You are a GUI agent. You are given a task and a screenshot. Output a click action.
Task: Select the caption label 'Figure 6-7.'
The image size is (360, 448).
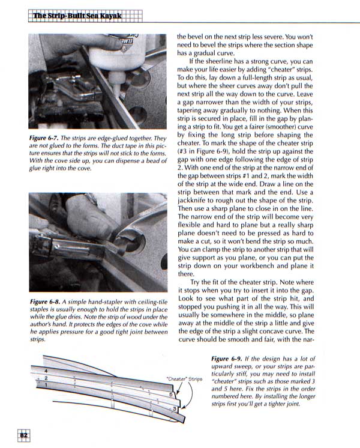click(x=44, y=138)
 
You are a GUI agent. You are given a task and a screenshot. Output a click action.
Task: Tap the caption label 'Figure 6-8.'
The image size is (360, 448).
click(x=45, y=300)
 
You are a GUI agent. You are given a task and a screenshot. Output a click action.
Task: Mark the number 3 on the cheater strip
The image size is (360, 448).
click(x=175, y=408)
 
